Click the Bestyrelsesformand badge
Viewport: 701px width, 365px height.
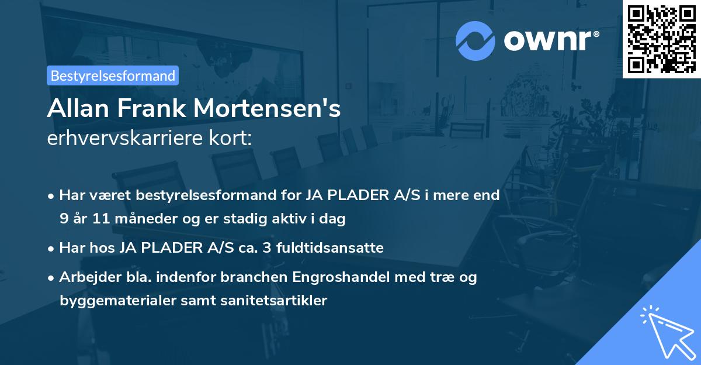[x=113, y=75]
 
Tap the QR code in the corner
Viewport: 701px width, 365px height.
[x=661, y=39]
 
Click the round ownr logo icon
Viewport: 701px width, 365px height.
[x=476, y=40]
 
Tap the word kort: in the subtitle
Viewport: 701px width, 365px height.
[x=233, y=139]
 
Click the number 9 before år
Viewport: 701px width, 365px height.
[x=64, y=219]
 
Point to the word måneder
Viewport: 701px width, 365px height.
[x=143, y=219]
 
